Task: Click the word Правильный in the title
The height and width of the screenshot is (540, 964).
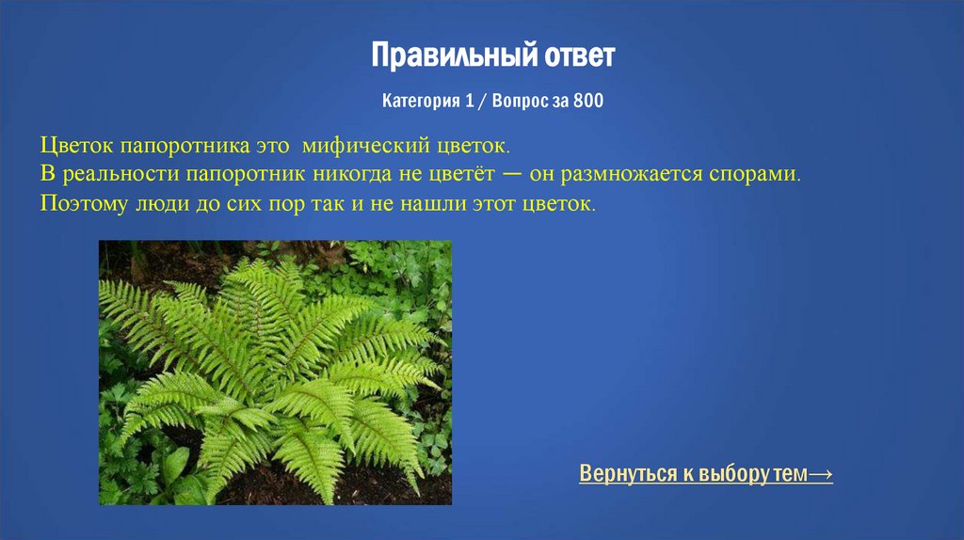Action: click(434, 56)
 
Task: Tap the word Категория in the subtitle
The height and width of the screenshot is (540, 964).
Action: click(421, 101)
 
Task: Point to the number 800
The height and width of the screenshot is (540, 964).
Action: click(587, 101)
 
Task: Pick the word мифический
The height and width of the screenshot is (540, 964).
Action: click(367, 148)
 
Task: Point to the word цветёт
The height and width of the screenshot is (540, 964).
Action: click(462, 175)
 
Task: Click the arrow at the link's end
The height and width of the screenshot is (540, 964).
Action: click(820, 474)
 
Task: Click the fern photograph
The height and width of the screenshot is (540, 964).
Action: click(275, 373)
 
